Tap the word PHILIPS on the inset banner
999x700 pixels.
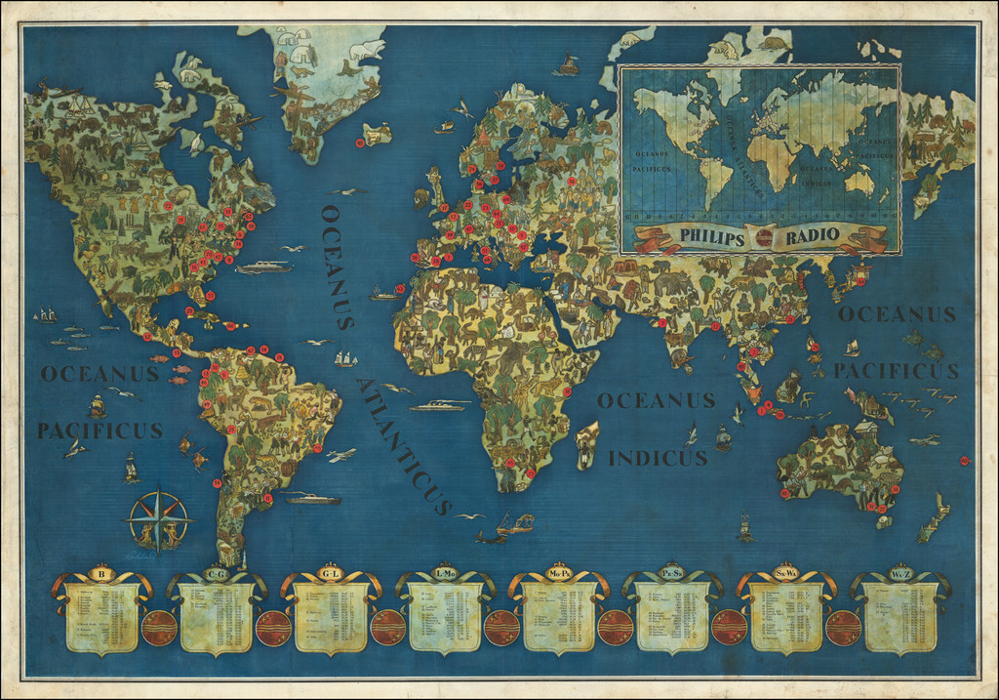click(x=711, y=236)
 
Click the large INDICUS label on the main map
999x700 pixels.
click(x=658, y=458)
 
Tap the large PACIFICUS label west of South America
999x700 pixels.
click(x=100, y=431)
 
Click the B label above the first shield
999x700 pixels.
click(x=100, y=573)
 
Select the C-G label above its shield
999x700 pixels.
click(x=216, y=574)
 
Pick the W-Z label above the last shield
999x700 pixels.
click(x=899, y=573)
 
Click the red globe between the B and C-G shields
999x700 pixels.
click(x=158, y=628)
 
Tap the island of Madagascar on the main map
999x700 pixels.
click(x=586, y=445)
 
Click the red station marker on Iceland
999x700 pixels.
click(x=360, y=143)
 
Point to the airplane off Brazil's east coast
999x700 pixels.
click(x=341, y=455)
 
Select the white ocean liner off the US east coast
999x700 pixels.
click(x=263, y=267)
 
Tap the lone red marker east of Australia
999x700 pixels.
click(x=964, y=461)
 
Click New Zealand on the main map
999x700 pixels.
click(x=932, y=517)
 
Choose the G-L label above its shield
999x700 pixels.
click(x=331, y=574)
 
